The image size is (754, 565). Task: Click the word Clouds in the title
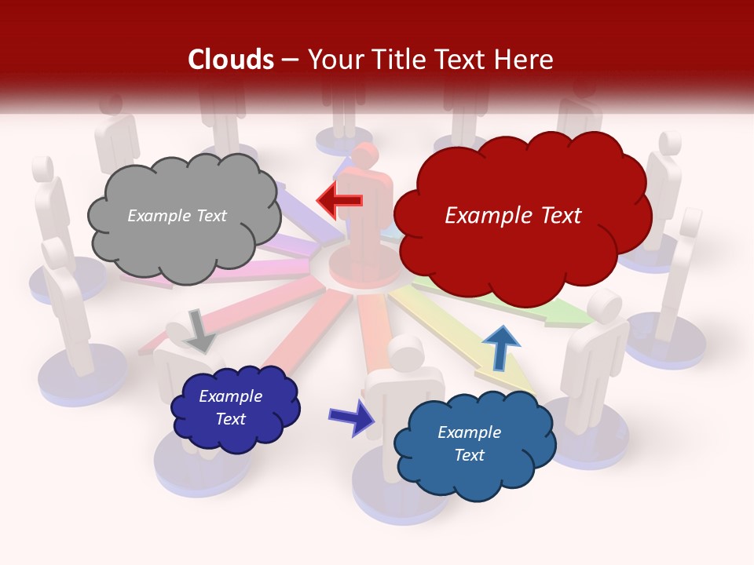(x=231, y=60)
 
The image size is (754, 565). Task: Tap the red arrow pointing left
(x=340, y=201)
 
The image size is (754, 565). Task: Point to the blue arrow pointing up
(x=500, y=348)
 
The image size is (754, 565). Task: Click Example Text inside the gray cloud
(x=177, y=216)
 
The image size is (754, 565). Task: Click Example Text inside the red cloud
(x=513, y=216)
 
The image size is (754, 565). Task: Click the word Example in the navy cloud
(x=230, y=396)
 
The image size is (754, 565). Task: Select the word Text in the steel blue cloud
(x=469, y=455)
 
